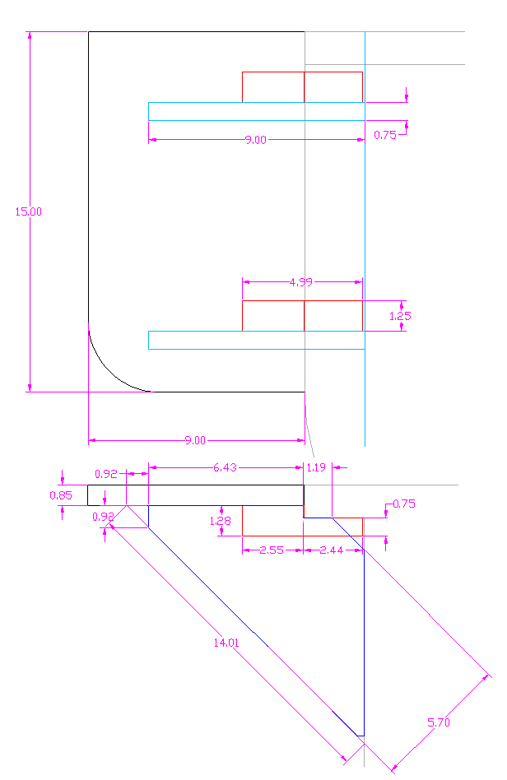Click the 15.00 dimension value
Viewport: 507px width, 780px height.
click(28, 211)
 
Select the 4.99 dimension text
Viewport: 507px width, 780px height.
click(301, 282)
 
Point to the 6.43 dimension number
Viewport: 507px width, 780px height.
click(225, 467)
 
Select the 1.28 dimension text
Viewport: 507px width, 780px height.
click(220, 520)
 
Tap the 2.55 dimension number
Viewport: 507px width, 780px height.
click(272, 550)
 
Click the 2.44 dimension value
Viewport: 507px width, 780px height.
click(333, 550)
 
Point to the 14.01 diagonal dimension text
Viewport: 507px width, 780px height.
click(226, 643)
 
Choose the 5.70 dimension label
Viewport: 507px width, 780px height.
click(439, 723)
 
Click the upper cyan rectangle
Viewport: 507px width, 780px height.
click(256, 111)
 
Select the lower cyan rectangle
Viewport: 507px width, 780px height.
click(256, 340)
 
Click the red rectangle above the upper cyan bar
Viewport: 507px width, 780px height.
click(302, 87)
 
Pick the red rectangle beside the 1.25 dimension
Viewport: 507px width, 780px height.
click(302, 316)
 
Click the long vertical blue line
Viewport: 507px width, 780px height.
click(364, 642)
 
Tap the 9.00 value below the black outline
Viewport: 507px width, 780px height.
click(195, 440)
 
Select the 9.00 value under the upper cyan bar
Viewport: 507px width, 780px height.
click(255, 140)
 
